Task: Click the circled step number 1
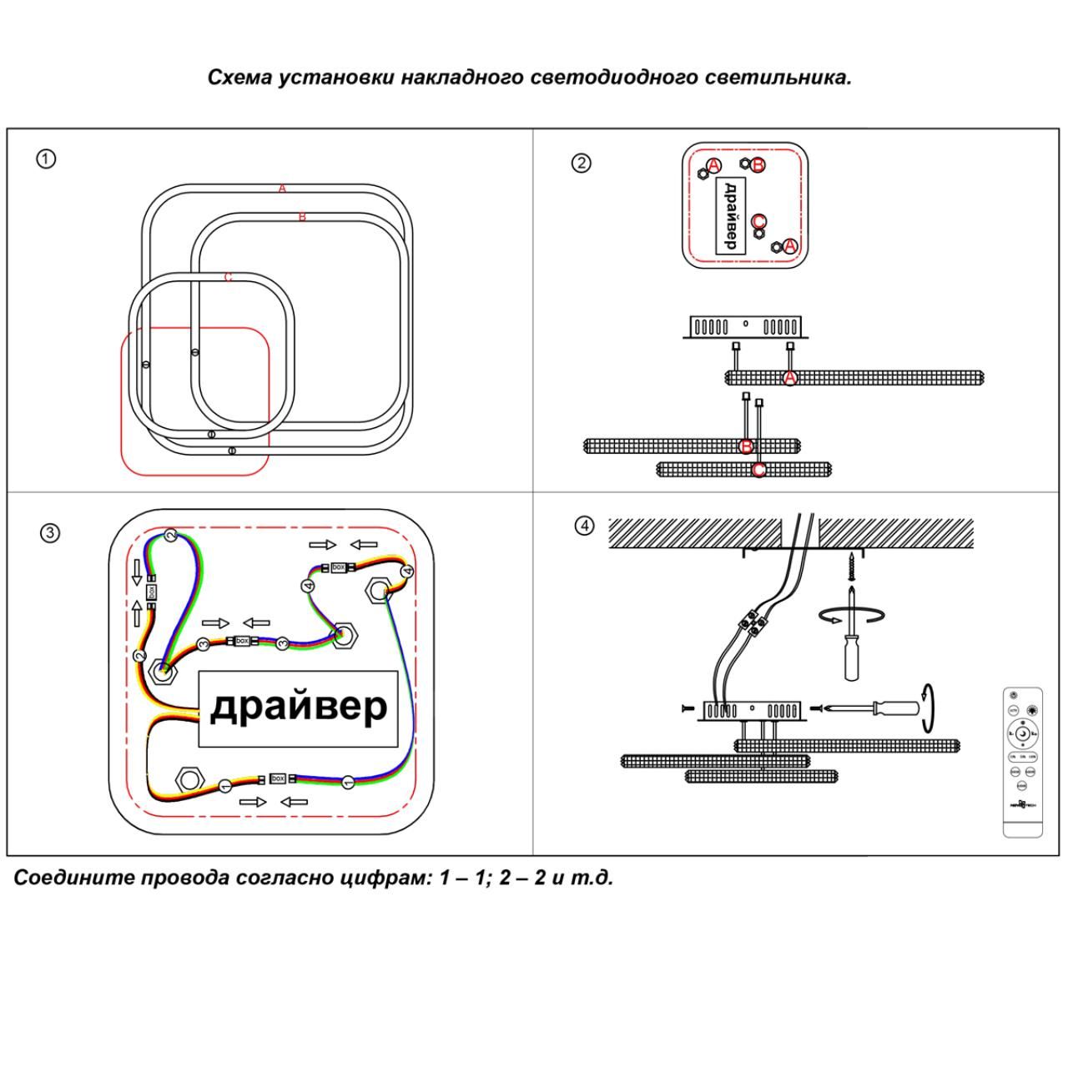46,159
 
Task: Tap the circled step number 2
581,163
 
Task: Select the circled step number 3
50,533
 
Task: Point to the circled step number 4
585,526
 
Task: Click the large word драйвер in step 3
298,707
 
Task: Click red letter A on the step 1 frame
282,189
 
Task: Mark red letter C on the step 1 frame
228,277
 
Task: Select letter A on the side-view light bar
790,378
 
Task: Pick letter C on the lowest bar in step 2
758,470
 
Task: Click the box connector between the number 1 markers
278,778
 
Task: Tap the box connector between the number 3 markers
242,642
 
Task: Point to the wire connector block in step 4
751,622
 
